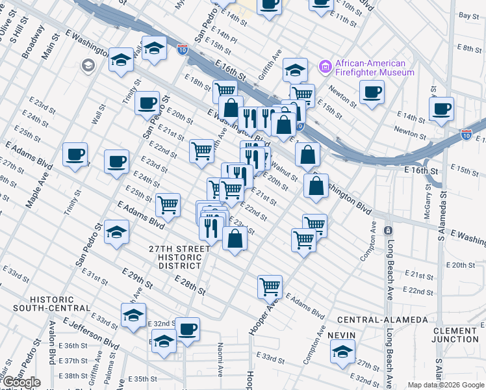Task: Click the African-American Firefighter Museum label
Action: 374,68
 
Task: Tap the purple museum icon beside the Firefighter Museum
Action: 325,66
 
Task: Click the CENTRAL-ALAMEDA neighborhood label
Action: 382,320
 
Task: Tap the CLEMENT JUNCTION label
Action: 455,335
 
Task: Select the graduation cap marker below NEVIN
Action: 342,352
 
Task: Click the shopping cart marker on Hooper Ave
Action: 270,285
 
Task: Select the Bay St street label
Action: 468,15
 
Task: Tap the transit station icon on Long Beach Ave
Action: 388,231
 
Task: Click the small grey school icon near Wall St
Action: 87,65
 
